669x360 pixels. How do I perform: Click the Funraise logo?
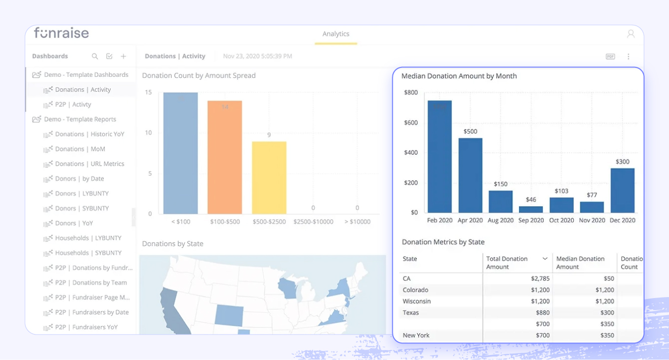[x=61, y=33]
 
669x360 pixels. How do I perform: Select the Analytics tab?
[x=335, y=34]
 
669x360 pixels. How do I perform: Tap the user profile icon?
[x=631, y=34]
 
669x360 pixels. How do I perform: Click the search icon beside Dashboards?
[x=95, y=56]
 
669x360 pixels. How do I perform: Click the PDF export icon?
[x=610, y=57]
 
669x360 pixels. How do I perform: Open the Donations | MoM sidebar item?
[x=80, y=149]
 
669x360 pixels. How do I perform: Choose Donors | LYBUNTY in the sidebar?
[x=81, y=193]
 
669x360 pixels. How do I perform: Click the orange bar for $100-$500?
[x=225, y=157]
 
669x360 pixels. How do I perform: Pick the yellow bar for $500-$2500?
[x=269, y=178]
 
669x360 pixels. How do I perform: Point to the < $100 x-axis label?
[x=180, y=222]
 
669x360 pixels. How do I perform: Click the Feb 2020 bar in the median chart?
[x=439, y=157]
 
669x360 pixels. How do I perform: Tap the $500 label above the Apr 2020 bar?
[x=470, y=132]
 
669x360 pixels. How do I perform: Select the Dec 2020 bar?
[x=623, y=191]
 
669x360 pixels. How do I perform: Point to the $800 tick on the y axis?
[x=410, y=92]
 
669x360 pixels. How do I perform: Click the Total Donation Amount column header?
[x=507, y=263]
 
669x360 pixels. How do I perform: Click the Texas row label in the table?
[x=411, y=313]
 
